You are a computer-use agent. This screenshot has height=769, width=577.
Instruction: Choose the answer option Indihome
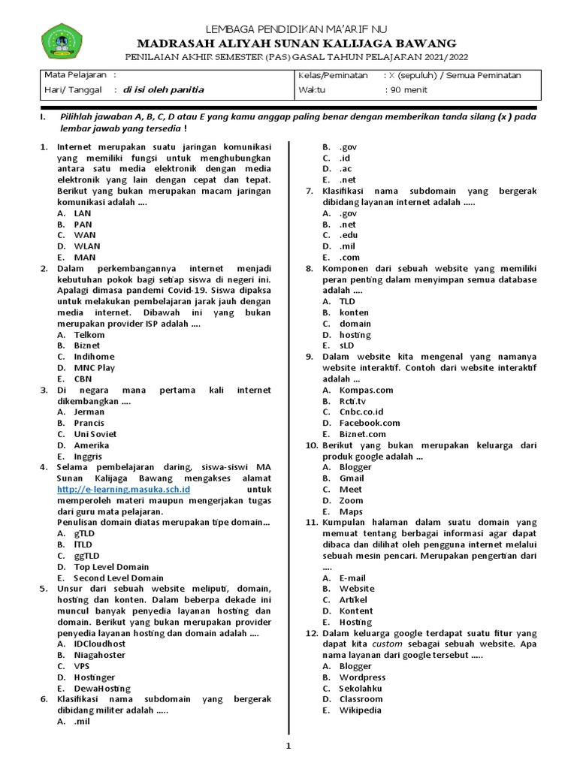[x=94, y=357]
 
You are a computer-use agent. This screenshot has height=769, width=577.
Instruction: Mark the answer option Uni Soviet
[x=96, y=434]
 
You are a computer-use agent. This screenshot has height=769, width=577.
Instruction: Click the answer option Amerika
[x=91, y=445]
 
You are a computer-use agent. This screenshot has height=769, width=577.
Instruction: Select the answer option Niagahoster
[x=99, y=655]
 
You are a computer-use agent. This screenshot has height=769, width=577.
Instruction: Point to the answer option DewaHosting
[x=101, y=688]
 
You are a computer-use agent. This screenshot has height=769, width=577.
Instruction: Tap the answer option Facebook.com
[x=369, y=423]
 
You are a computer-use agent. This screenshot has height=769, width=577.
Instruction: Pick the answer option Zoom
[x=351, y=500]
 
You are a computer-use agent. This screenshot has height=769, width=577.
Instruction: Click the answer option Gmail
[x=351, y=478]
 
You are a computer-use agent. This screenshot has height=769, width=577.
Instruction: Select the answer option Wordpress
[x=362, y=677]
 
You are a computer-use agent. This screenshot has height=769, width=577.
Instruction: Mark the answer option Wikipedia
[x=360, y=710]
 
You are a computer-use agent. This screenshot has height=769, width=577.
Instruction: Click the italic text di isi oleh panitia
[x=163, y=90]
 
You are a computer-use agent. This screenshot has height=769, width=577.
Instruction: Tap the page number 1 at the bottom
[x=288, y=746]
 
